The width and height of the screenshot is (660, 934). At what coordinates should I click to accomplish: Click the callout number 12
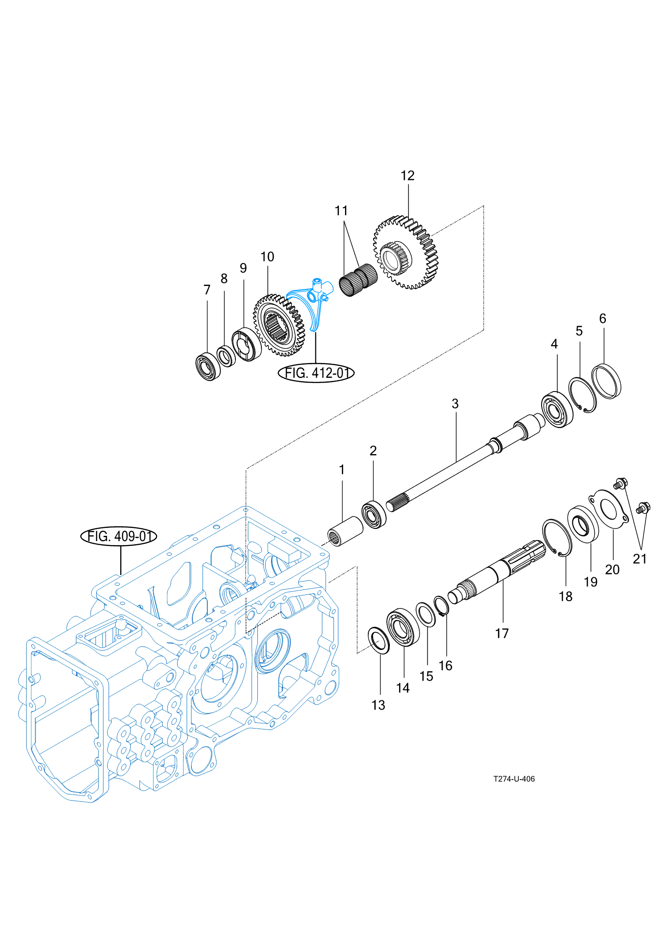click(407, 176)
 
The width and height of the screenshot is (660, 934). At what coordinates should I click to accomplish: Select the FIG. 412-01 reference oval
click(316, 373)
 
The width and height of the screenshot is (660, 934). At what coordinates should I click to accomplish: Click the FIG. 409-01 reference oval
click(118, 536)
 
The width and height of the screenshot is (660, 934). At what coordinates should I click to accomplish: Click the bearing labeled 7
click(208, 366)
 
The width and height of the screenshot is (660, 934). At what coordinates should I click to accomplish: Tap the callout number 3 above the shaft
click(455, 404)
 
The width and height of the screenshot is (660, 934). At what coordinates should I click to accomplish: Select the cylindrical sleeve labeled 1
click(346, 531)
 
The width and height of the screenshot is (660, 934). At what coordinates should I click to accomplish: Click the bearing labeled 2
click(374, 514)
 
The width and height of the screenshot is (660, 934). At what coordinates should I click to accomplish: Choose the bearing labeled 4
click(557, 410)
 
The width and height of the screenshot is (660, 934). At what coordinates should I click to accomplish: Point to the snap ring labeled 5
click(583, 395)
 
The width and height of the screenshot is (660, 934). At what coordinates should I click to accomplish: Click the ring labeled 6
click(606, 381)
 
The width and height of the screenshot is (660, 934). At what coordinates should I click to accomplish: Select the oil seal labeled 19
click(583, 524)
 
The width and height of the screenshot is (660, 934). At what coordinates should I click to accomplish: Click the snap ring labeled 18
click(557, 537)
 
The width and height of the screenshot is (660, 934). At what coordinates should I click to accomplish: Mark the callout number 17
click(502, 634)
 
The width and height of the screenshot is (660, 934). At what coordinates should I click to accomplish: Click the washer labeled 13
click(378, 641)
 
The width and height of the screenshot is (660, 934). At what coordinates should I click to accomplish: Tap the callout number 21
click(639, 559)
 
